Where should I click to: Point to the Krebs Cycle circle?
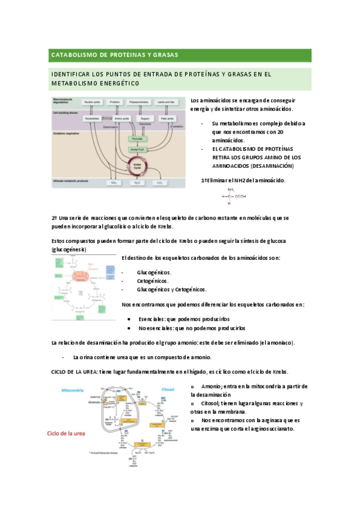click(137, 164)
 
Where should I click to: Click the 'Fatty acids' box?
click(167, 119)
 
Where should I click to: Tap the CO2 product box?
click(159, 182)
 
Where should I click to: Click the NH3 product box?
click(113, 182)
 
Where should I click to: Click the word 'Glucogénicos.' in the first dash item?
click(154, 272)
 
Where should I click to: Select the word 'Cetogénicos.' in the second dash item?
click(153, 281)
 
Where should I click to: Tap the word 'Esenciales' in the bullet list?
click(151, 319)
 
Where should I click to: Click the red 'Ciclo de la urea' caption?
click(69, 433)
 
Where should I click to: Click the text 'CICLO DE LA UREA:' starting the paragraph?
click(75, 372)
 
